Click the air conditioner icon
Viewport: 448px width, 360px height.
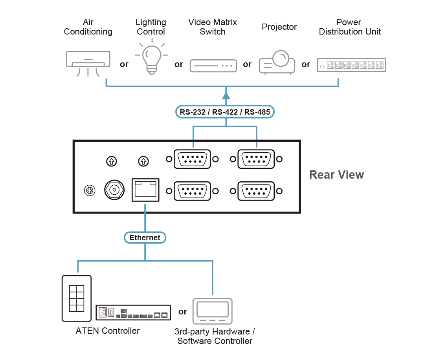[x=88, y=63]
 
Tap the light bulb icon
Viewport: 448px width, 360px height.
[x=152, y=57]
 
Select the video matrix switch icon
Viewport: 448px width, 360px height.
[x=213, y=66]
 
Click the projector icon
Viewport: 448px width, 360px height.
[x=277, y=62]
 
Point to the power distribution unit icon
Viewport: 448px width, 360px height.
[x=351, y=65]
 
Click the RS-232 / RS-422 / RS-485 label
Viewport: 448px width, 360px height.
[x=225, y=112]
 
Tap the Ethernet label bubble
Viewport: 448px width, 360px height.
[x=145, y=238]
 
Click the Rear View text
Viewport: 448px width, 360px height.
[x=336, y=175]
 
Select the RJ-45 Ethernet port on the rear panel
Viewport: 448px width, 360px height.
[x=145, y=190]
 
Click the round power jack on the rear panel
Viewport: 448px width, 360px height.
[x=114, y=190]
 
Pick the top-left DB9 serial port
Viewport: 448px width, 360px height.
[x=192, y=159]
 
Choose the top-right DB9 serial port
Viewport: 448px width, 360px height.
[x=256, y=159]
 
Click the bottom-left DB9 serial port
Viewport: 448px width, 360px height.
[x=192, y=191]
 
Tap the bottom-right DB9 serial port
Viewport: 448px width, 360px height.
[x=256, y=191]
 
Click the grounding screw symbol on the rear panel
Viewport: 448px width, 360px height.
[x=90, y=190]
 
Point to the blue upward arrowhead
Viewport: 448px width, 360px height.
[x=226, y=96]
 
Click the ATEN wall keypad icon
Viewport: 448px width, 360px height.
[x=77, y=298]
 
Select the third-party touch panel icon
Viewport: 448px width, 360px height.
[x=213, y=311]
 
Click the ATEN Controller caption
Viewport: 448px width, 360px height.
[x=108, y=331]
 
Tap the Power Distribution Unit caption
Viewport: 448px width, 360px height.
[x=350, y=27]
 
